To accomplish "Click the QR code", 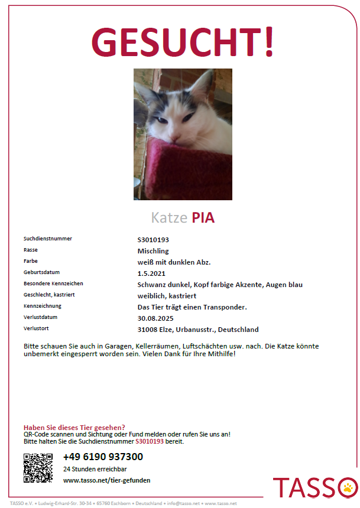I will pyautogui.click(x=38, y=468).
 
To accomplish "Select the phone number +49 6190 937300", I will pyautogui.click(x=103, y=457).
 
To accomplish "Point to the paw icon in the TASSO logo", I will pyautogui.click(x=348, y=488).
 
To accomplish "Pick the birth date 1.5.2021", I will pyautogui.click(x=151, y=273).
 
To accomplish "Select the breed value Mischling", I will pyautogui.click(x=153, y=250).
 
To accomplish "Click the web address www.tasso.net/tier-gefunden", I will pyautogui.click(x=106, y=480).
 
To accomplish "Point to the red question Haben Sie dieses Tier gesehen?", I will pyautogui.click(x=74, y=427).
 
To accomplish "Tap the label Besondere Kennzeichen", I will pyautogui.click(x=53, y=284).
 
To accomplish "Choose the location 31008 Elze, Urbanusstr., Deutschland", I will pyautogui.click(x=197, y=329).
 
